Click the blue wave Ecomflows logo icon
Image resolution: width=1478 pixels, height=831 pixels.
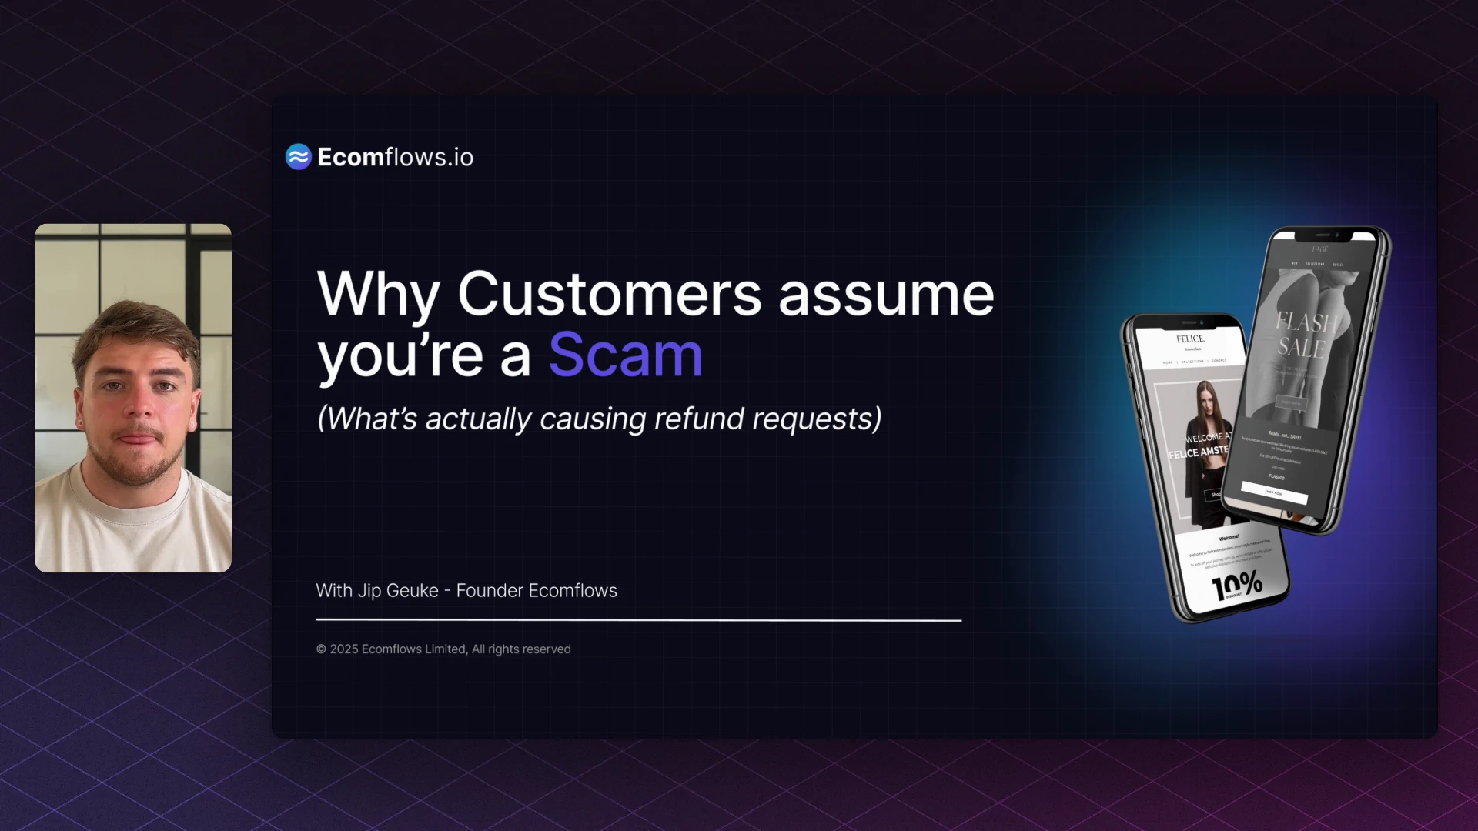click(x=299, y=157)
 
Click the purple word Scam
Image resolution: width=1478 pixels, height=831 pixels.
click(x=625, y=355)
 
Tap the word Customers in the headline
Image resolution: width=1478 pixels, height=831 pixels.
click(x=609, y=294)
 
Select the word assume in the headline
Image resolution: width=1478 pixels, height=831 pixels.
click(x=886, y=295)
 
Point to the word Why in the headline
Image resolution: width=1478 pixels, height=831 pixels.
click(x=378, y=294)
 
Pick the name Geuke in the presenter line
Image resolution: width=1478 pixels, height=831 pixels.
click(x=412, y=591)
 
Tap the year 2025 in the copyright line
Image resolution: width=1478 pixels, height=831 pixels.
click(x=344, y=649)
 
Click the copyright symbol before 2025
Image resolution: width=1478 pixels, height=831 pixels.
click(x=321, y=649)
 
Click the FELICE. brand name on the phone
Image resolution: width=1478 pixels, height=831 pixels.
click(x=1190, y=339)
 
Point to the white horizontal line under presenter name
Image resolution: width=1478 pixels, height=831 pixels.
click(x=638, y=619)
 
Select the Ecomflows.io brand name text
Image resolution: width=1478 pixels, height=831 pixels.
click(x=395, y=157)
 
